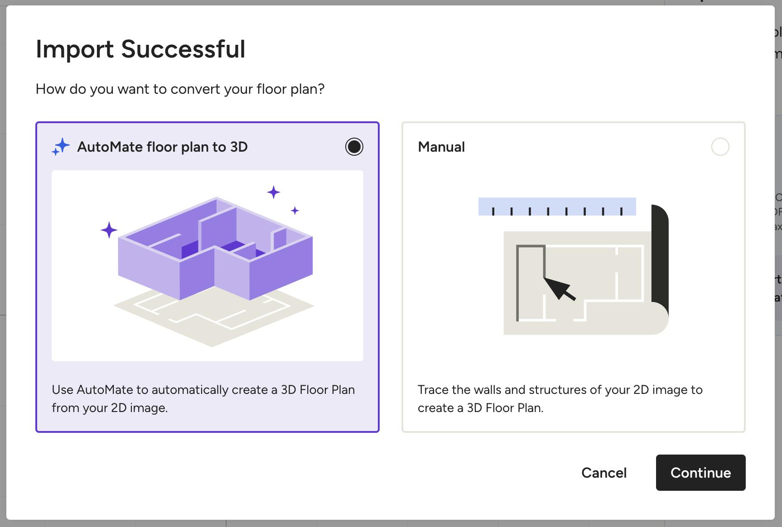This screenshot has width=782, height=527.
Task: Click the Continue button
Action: pos(700,473)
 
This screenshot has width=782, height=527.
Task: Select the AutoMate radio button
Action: pos(354,147)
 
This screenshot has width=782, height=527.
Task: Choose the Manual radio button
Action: pos(720,147)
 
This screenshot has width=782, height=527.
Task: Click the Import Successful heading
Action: pos(140,49)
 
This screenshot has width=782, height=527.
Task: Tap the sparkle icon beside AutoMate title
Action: pos(61,147)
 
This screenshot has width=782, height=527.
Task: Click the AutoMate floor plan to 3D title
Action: pos(162,147)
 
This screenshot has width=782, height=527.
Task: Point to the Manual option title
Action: pos(441,147)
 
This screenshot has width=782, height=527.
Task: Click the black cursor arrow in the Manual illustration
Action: pos(559,288)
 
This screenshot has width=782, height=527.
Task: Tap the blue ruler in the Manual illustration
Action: pos(557,206)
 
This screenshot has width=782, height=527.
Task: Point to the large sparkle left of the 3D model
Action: pos(109,230)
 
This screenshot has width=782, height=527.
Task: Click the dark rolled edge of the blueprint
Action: pos(660,258)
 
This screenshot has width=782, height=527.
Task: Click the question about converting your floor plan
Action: pos(180,89)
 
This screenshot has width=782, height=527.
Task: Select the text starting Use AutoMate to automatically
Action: pos(203,399)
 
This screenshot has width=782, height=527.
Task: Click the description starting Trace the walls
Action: pos(560,399)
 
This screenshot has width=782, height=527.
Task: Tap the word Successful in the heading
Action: pos(183,49)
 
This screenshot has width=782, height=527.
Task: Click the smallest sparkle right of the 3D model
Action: pos(295,211)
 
